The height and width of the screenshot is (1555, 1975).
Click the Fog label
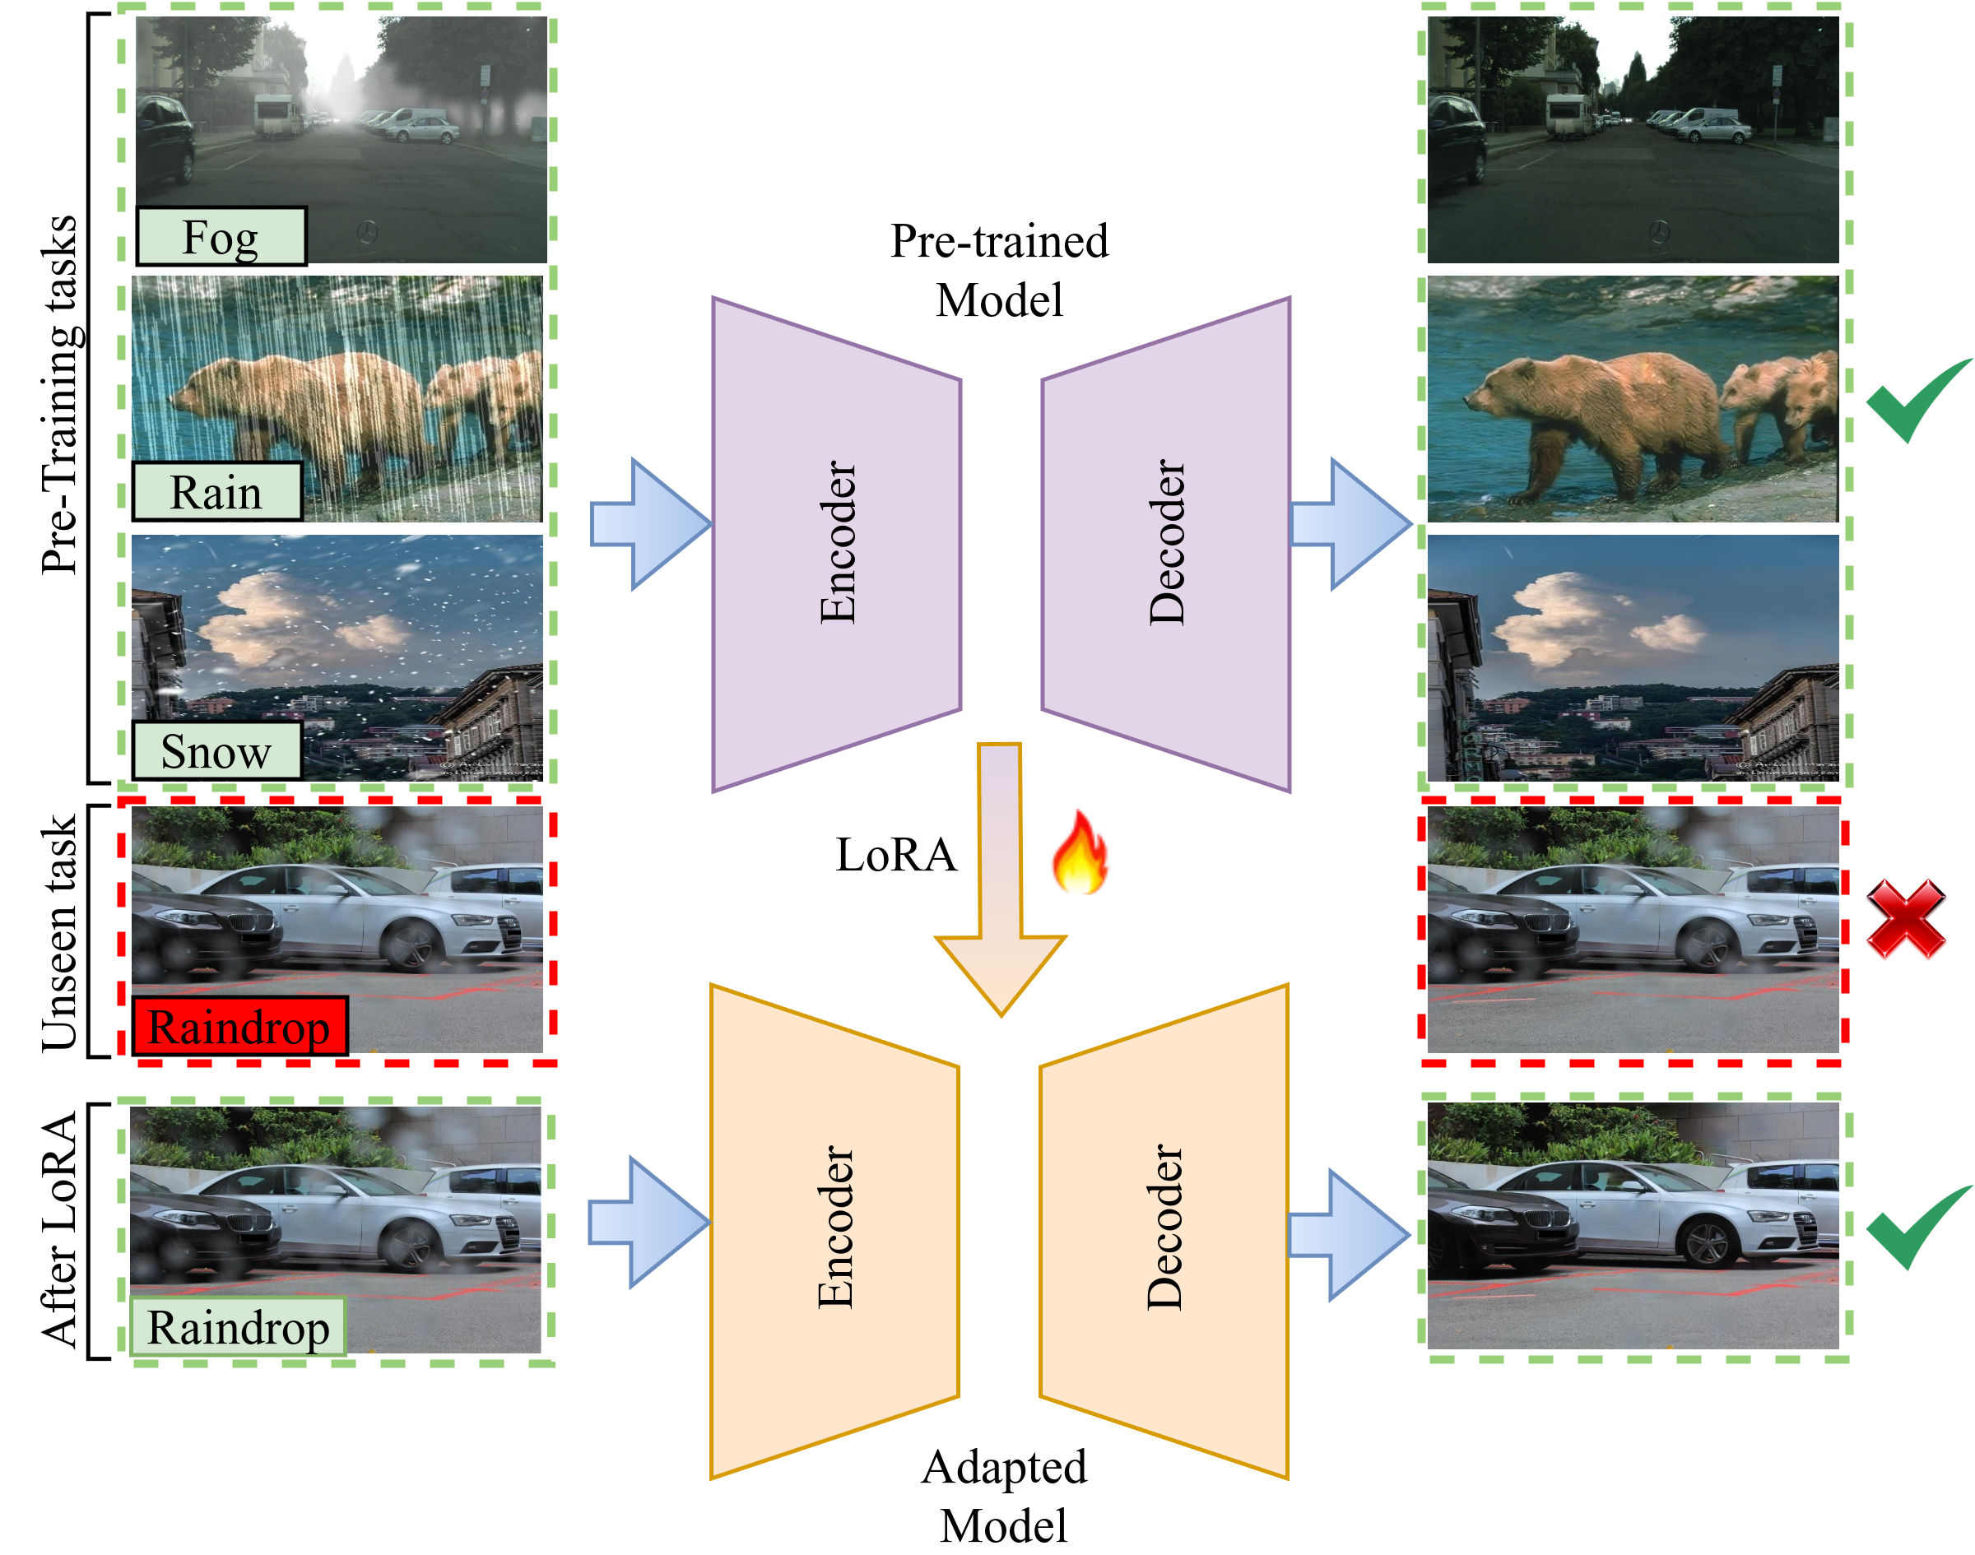point(221,237)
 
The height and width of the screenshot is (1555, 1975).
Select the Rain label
point(216,492)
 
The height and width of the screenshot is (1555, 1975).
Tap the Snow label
point(216,751)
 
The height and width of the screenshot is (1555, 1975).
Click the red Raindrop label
point(239,1027)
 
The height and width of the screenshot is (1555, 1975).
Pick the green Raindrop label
point(238,1326)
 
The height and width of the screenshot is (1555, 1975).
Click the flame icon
point(1080,854)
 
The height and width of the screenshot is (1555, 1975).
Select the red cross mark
point(1905,921)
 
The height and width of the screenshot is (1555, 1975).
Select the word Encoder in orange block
point(835,1228)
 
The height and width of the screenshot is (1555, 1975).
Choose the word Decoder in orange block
point(1164,1228)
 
